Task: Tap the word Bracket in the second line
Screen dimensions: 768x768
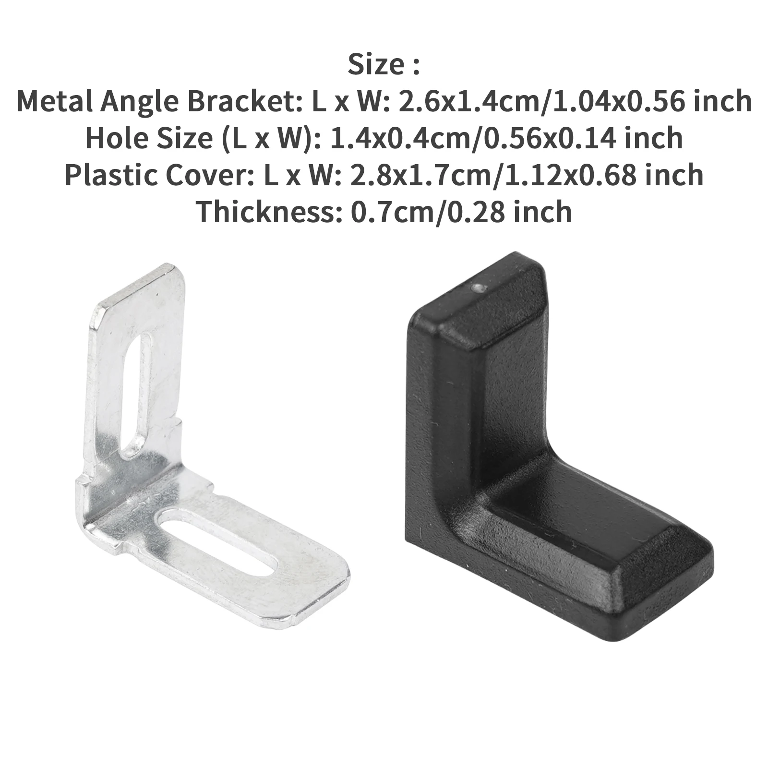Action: click(244, 102)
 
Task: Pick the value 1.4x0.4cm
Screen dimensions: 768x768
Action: click(385, 138)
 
